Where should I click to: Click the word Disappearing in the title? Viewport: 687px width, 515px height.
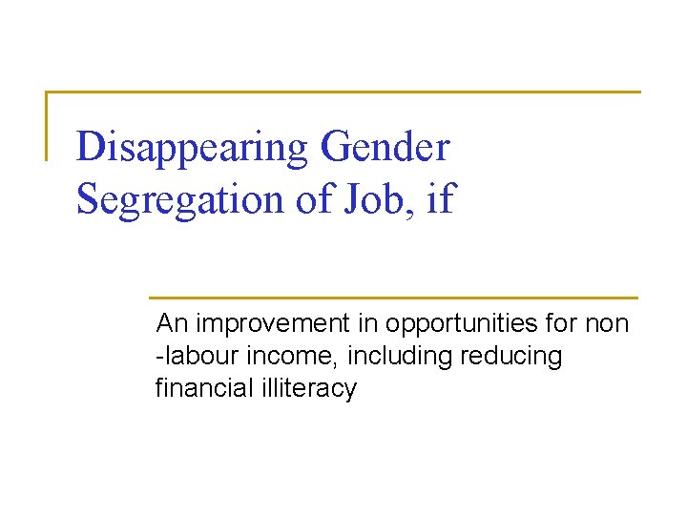[192, 148]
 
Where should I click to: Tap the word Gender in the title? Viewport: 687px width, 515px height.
[385, 148]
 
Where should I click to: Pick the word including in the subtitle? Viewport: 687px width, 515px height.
[400, 357]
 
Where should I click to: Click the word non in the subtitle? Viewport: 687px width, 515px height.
[607, 324]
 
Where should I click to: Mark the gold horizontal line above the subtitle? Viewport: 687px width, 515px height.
[393, 298]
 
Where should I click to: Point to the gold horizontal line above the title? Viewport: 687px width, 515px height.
[343, 93]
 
